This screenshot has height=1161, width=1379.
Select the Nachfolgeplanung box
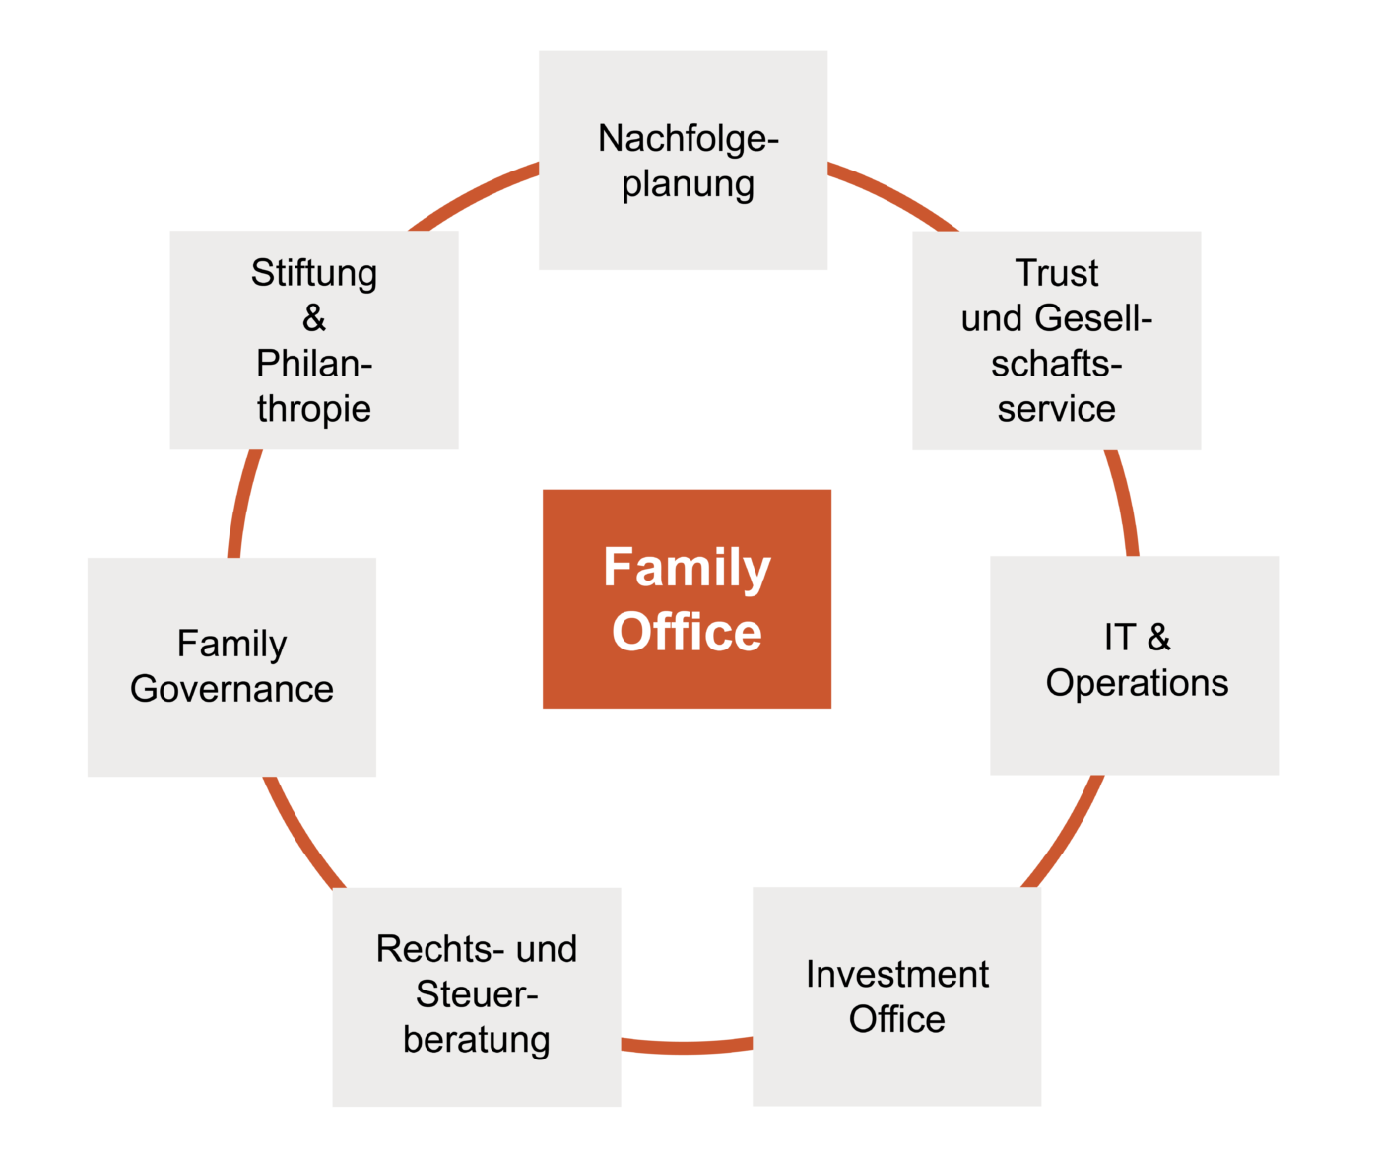click(683, 161)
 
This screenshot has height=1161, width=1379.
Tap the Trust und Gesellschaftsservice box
click(1056, 340)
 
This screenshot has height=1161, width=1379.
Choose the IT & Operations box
click(1134, 664)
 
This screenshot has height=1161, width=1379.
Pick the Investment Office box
click(896, 995)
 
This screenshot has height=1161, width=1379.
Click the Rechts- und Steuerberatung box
click(476, 996)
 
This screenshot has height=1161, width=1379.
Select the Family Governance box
click(231, 666)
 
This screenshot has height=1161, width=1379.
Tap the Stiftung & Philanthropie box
click(314, 340)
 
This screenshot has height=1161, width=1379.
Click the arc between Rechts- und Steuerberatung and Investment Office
click(687, 1046)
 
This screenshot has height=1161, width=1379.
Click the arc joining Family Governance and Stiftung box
click(243, 503)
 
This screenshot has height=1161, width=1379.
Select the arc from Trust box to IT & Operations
click(1124, 503)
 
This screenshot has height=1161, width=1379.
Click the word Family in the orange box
click(687, 568)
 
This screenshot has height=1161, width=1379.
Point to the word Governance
click(231, 689)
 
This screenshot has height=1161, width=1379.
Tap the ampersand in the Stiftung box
click(314, 318)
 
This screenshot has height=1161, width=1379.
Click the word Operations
click(1137, 683)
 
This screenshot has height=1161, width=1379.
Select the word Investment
click(896, 974)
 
